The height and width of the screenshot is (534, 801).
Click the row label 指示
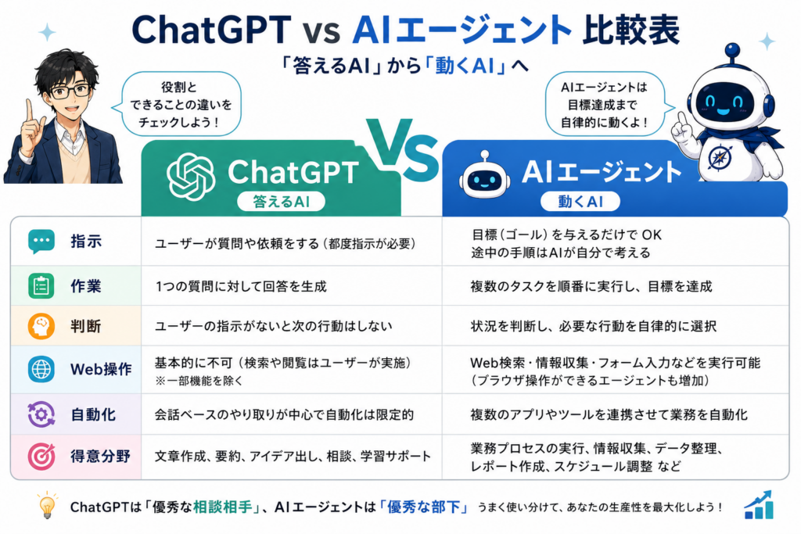click(x=86, y=241)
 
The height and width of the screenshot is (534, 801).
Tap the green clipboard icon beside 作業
click(x=41, y=286)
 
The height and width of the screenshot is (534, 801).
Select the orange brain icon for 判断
click(x=41, y=326)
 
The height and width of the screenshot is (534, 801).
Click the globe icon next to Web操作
click(x=41, y=369)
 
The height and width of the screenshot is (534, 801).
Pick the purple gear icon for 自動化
click(x=41, y=414)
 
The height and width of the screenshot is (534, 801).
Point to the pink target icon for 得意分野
click(x=41, y=456)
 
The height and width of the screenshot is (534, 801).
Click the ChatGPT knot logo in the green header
click(x=191, y=177)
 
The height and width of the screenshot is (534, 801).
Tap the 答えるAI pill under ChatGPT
click(x=281, y=202)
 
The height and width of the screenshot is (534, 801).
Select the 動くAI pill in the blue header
click(x=580, y=202)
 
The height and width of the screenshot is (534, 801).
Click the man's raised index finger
click(x=29, y=109)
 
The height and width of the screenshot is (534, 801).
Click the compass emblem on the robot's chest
click(x=720, y=156)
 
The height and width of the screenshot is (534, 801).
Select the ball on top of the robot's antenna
click(x=732, y=50)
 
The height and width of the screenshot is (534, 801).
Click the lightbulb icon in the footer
click(x=47, y=505)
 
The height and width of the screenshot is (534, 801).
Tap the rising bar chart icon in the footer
click(x=759, y=505)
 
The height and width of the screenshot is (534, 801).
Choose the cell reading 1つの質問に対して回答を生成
click(x=241, y=286)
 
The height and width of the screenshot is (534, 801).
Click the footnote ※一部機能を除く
click(x=199, y=381)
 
